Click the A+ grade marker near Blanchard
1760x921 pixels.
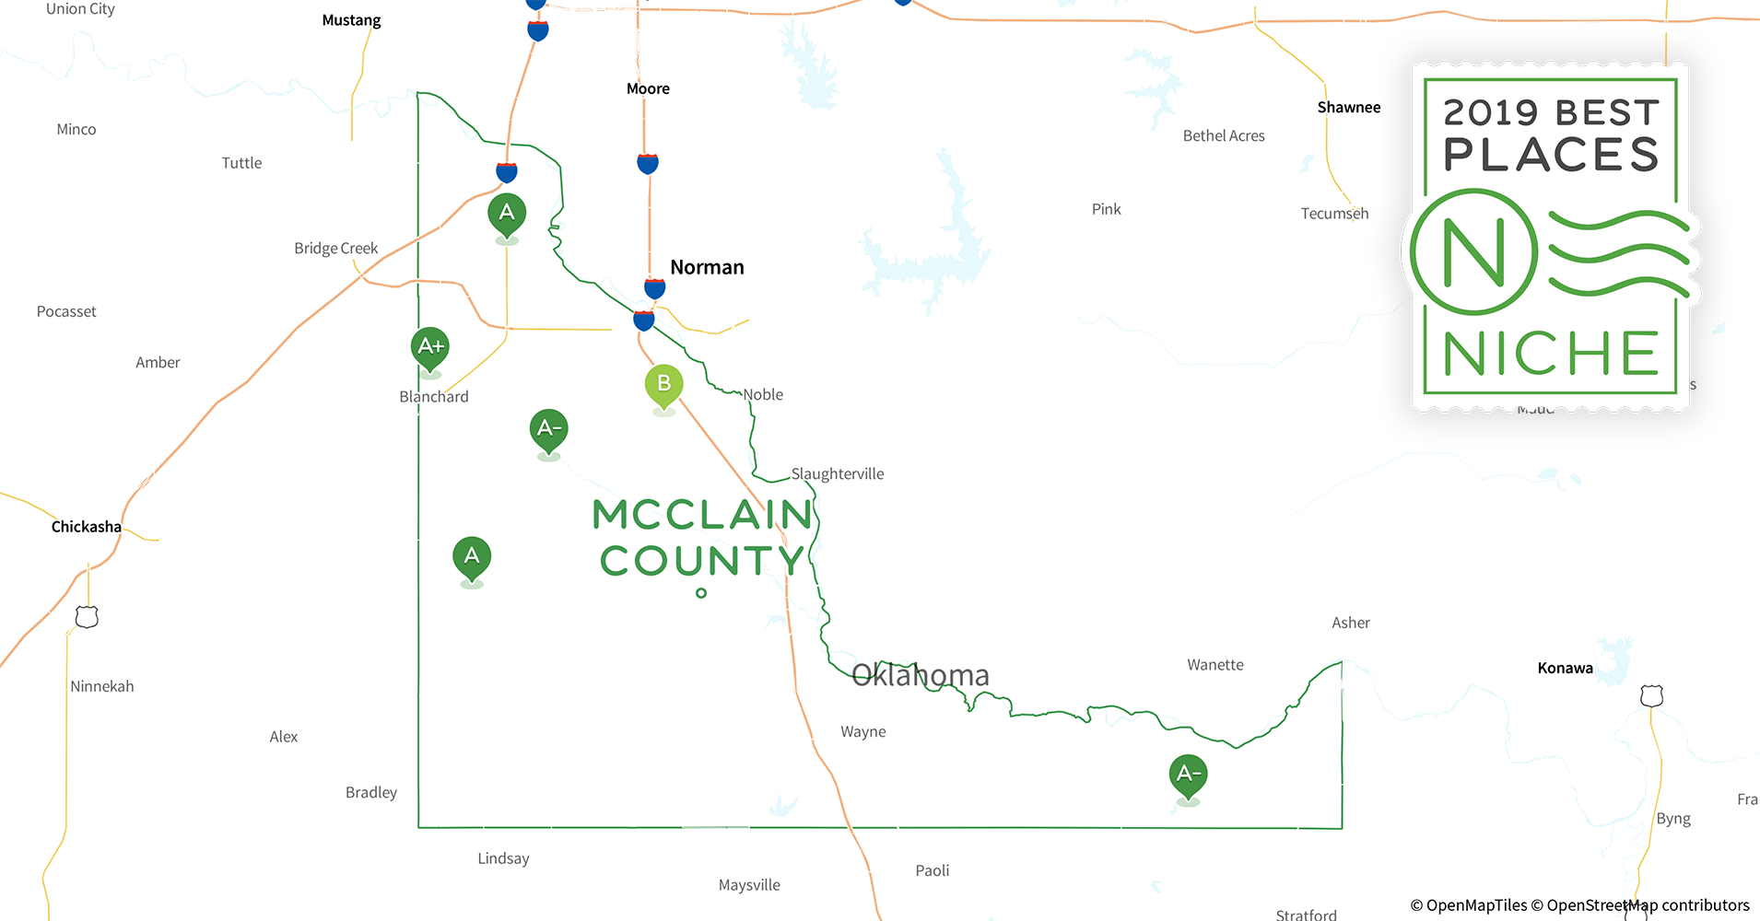pyautogui.click(x=429, y=348)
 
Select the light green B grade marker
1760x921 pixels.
pyautogui.click(x=663, y=385)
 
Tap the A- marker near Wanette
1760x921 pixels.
pyautogui.click(x=1188, y=775)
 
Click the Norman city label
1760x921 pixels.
pyautogui.click(x=707, y=267)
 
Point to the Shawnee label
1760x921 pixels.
pyautogui.click(x=1348, y=107)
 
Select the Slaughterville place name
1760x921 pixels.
pyautogui.click(x=837, y=473)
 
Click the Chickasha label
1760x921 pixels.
pyautogui.click(x=86, y=527)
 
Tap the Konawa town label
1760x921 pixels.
pyautogui.click(x=1565, y=668)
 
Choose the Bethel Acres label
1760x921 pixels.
pyautogui.click(x=1223, y=135)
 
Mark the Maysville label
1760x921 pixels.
pyautogui.click(x=749, y=885)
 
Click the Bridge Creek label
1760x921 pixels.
pyautogui.click(x=335, y=248)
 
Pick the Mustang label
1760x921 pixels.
pyautogui.click(x=351, y=20)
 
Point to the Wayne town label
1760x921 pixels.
pyautogui.click(x=862, y=731)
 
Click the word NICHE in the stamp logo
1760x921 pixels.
pyautogui.click(x=1551, y=354)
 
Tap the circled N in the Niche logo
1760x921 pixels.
pyautogui.click(x=1473, y=251)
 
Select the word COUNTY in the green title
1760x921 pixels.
pyautogui.click(x=702, y=560)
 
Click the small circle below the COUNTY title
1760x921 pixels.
pyautogui.click(x=701, y=593)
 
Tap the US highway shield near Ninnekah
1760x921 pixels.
pyautogui.click(x=87, y=616)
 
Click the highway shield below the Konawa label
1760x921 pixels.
pyautogui.click(x=1651, y=696)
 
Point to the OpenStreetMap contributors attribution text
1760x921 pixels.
pyautogui.click(x=1648, y=905)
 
